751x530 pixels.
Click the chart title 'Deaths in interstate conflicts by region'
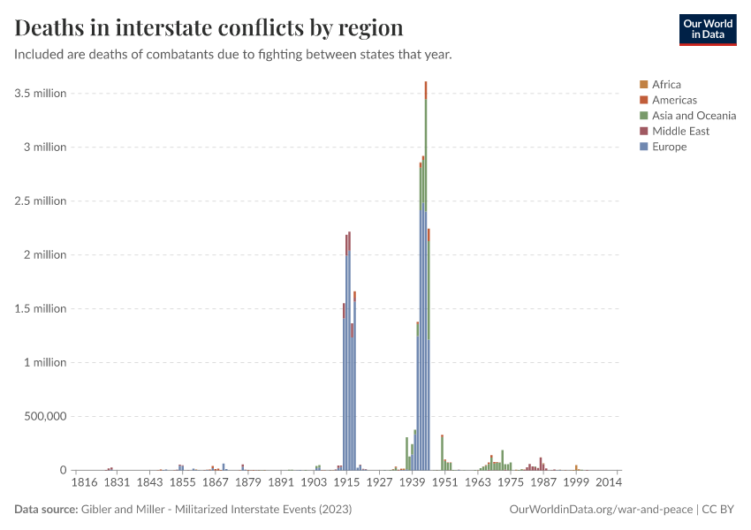click(209, 27)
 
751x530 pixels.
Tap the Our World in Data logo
click(707, 29)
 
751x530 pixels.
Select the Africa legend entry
click(666, 85)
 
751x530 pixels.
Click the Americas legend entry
click(674, 100)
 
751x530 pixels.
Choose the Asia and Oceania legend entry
click(694, 116)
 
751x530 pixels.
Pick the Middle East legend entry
click(680, 132)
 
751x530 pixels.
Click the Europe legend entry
click(669, 147)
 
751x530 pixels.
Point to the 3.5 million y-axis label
click(40, 94)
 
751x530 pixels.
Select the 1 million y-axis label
click(42, 363)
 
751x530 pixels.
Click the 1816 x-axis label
click(84, 483)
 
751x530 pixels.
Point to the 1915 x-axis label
click(346, 483)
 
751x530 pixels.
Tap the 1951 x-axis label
click(444, 483)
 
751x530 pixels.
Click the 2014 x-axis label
click(609, 483)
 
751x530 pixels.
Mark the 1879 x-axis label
click(248, 483)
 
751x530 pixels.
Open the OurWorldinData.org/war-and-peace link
click(602, 510)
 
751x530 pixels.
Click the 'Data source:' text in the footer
click(46, 510)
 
